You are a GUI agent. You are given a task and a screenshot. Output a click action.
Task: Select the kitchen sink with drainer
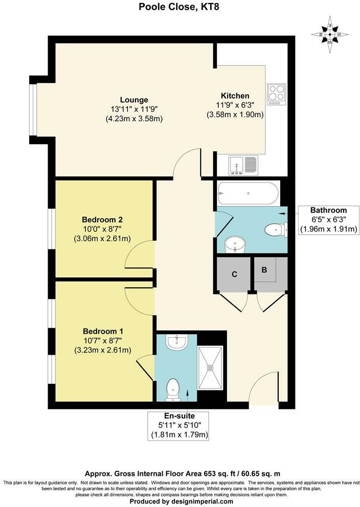point(243,165)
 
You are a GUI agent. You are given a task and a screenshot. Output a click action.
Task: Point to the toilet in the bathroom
point(275,231)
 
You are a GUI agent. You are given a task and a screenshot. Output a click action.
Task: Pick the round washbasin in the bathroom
point(235,244)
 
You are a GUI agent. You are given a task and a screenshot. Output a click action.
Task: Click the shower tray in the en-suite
point(210,367)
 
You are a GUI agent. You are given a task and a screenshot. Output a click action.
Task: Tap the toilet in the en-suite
point(173,389)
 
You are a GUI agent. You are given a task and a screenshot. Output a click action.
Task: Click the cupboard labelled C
point(234,274)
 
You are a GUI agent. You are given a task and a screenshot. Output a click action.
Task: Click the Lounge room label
point(134,100)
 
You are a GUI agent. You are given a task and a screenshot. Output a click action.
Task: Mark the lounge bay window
point(33,109)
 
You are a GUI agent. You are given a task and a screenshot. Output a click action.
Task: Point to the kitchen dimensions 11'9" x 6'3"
point(235,105)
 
